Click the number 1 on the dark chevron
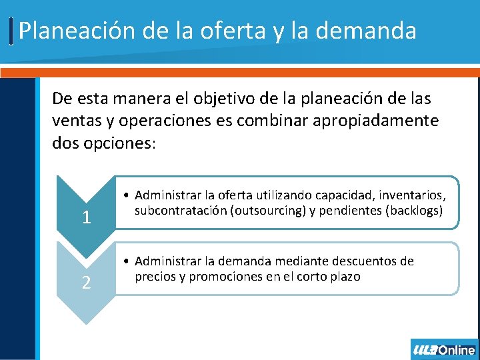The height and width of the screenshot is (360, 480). (86, 218)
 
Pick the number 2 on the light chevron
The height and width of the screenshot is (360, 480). (86, 283)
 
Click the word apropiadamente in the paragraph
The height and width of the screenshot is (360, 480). (373, 121)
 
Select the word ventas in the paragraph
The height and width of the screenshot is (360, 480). (74, 121)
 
